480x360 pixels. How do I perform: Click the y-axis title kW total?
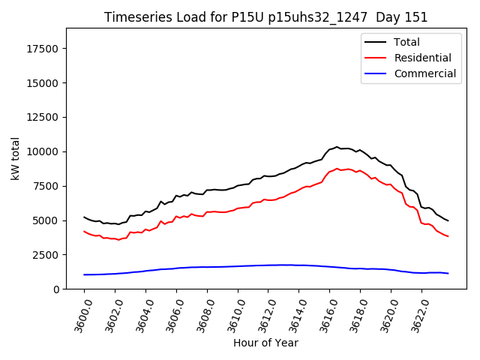16,158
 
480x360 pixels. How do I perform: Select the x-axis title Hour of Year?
265,343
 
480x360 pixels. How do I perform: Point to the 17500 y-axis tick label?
43,49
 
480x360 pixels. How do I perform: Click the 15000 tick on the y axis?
43,82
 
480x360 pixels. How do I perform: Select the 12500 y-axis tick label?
43,117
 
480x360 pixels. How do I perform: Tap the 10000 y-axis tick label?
43,151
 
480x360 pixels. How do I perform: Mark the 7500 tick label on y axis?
46,186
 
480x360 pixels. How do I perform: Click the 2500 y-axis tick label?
46,255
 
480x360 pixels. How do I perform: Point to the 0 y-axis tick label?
57,289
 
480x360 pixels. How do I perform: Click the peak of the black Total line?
337,147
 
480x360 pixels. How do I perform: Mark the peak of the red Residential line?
337,169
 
